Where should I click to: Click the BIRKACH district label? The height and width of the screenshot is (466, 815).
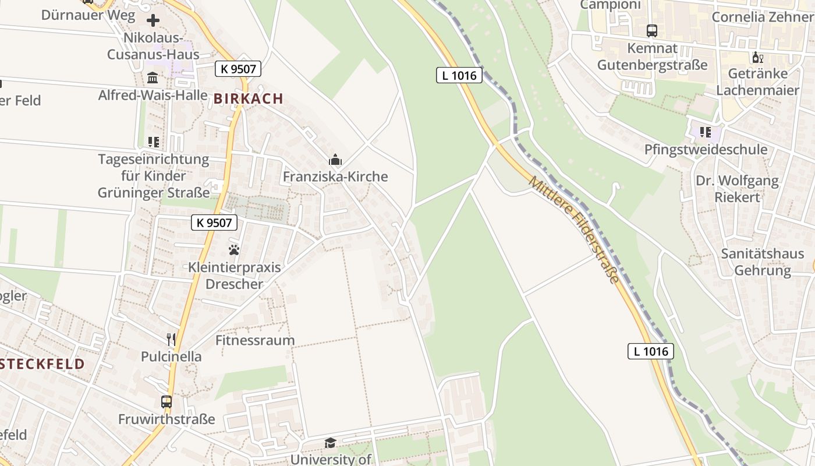(249, 98)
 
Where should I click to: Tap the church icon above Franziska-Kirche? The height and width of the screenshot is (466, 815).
(335, 160)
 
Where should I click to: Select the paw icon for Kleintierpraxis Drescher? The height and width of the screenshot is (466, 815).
(234, 250)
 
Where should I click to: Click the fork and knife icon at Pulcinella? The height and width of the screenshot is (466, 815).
(171, 338)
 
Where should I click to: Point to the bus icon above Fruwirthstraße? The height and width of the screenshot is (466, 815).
(166, 401)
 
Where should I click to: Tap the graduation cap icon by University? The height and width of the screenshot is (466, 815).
(330, 443)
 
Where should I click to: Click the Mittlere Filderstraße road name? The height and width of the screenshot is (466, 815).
(574, 231)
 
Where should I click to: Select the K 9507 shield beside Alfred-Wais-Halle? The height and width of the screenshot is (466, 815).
(238, 69)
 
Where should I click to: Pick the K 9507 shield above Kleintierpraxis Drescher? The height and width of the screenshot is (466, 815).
(214, 222)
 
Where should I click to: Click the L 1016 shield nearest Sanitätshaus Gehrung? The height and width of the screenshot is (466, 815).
(651, 351)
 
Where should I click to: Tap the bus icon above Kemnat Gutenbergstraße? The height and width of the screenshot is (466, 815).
(652, 30)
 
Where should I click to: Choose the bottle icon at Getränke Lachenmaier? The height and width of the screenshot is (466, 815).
(757, 57)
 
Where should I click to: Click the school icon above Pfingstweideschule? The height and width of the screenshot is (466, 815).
(706, 132)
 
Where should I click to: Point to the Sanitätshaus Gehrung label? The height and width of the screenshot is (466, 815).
(763, 262)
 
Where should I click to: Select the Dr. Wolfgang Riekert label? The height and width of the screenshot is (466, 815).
(737, 189)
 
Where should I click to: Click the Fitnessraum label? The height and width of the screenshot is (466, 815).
(255, 340)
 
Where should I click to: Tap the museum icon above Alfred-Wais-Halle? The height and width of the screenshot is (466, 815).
(153, 77)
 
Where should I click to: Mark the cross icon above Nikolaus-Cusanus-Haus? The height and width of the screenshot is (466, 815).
(153, 21)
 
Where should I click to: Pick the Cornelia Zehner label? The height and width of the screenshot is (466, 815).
(762, 16)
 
